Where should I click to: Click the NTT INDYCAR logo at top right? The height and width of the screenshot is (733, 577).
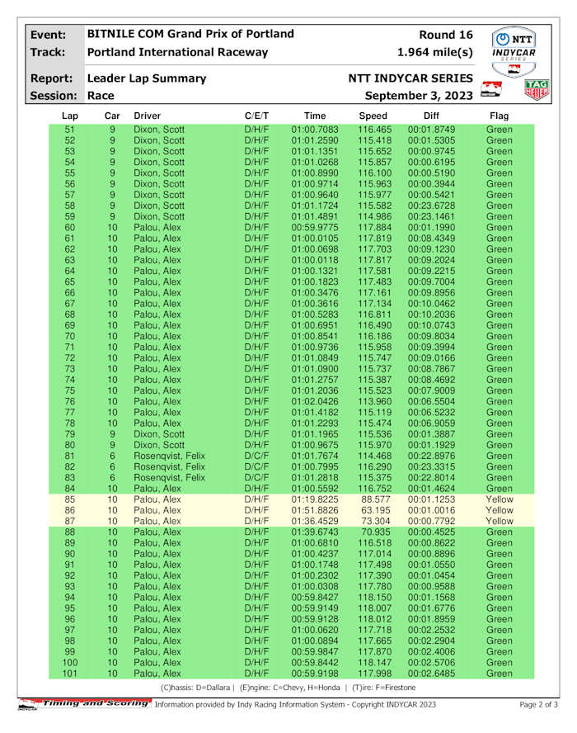[514, 46]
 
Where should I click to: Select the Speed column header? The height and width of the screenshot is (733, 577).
[373, 116]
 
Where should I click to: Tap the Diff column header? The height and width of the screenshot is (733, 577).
[431, 116]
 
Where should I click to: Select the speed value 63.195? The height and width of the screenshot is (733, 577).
[373, 511]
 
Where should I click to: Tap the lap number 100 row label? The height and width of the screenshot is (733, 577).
[70, 663]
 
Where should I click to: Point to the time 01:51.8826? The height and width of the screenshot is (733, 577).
[314, 511]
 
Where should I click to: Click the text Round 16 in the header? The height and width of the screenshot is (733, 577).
[446, 35]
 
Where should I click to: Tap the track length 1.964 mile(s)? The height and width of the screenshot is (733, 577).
[434, 53]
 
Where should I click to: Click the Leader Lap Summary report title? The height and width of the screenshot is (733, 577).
[146, 78]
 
